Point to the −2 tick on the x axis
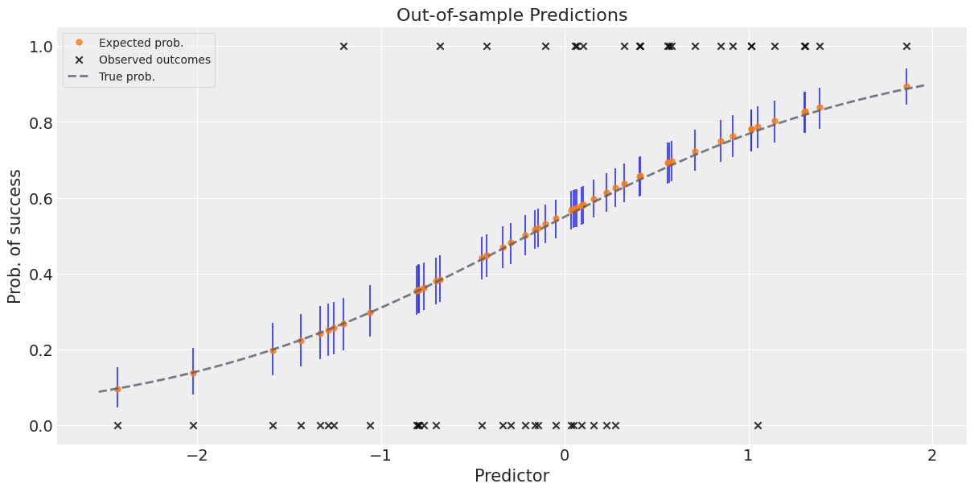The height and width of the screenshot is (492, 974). coord(196,456)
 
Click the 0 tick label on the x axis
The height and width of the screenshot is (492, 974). coord(564,456)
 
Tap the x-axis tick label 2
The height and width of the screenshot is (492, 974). coord(932,456)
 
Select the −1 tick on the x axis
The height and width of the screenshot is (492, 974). coord(380,456)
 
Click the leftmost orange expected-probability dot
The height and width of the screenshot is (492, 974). coord(117,389)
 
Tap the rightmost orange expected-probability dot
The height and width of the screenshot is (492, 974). coord(906,86)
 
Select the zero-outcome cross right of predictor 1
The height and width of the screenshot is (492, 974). coord(758,425)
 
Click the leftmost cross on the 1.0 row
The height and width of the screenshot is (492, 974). coord(343,47)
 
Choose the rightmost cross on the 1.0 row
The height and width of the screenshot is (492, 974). coord(906,47)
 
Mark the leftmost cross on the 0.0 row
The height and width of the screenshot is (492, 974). coord(117,425)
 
